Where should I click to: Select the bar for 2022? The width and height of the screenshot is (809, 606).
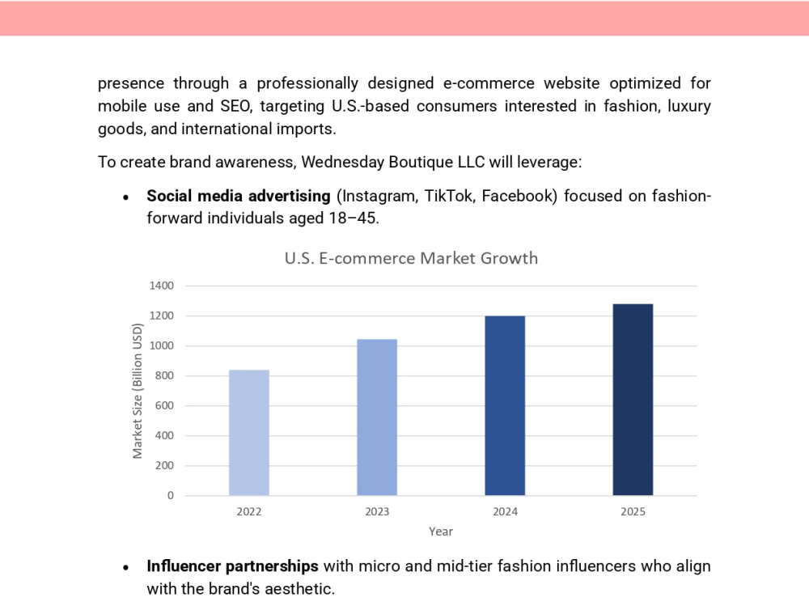tap(248, 433)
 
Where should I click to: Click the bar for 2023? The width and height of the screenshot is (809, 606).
tap(377, 417)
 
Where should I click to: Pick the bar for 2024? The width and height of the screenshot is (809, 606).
tap(505, 405)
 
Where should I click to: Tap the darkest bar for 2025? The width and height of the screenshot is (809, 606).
tap(633, 400)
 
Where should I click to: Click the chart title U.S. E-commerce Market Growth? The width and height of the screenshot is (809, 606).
tap(411, 258)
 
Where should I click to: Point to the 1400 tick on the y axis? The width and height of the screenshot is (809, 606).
tap(162, 286)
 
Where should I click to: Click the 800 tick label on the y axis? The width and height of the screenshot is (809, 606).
tap(164, 375)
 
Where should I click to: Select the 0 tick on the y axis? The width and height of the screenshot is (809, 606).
tap(170, 495)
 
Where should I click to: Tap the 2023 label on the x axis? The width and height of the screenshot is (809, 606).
tap(377, 511)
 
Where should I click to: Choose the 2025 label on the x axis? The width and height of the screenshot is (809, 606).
tap(633, 511)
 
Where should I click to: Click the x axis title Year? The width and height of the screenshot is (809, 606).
tap(441, 532)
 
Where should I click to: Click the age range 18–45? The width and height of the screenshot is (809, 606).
tap(354, 218)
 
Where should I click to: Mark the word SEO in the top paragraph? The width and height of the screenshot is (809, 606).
tap(236, 106)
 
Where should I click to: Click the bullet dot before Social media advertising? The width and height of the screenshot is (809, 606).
tap(125, 197)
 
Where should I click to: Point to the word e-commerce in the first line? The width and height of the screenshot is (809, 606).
tap(489, 83)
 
